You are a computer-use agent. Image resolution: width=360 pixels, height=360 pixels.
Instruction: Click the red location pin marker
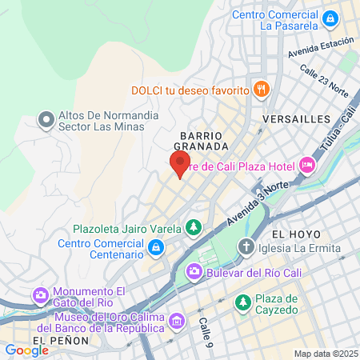179,164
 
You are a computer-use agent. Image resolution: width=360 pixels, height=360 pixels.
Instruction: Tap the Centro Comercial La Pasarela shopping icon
330,17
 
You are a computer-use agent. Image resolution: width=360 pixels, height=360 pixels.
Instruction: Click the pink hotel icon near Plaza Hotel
307,166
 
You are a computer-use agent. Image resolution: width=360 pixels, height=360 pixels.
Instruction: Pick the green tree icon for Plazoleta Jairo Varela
193,229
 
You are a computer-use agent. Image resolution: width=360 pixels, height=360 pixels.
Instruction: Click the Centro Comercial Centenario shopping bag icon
157,250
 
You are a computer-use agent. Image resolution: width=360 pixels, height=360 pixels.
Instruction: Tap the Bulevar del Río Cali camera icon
194,273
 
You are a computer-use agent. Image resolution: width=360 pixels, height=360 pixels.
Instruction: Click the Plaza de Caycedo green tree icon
242,303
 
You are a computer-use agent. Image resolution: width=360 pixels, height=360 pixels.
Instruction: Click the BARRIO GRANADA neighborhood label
205,141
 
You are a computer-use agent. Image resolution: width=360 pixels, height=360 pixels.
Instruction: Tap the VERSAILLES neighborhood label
296,119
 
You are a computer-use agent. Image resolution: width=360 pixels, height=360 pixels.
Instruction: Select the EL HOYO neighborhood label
296,234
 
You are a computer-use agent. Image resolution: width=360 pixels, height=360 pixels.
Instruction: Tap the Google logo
26,350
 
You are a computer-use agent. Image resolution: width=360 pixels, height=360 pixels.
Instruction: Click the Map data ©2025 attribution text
325,354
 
